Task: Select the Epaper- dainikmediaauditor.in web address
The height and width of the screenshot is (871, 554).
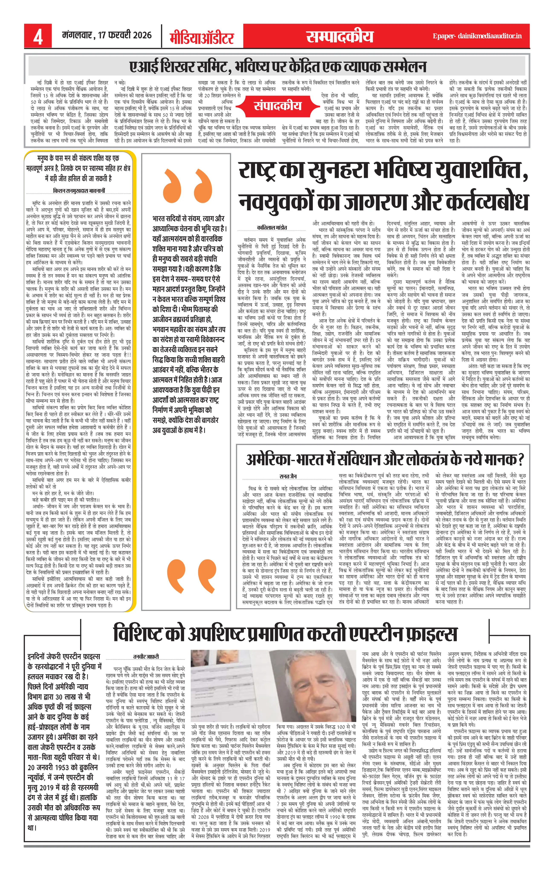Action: click(x=477, y=36)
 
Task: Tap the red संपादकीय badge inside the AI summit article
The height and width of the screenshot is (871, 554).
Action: click(x=277, y=106)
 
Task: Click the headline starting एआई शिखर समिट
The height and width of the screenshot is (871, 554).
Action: click(x=278, y=67)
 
